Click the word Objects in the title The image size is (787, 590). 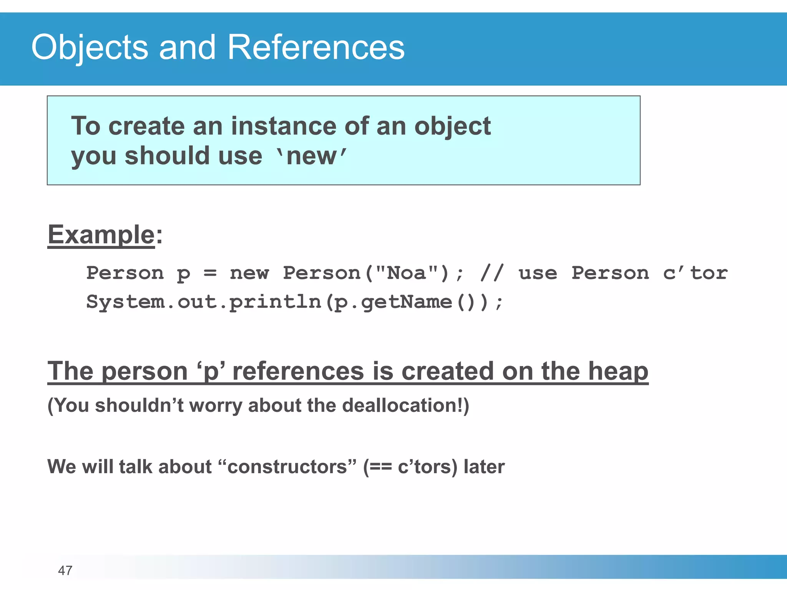(x=90, y=47)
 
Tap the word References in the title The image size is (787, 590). (x=316, y=47)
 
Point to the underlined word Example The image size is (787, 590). (x=101, y=235)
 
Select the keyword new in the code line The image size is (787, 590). (x=249, y=273)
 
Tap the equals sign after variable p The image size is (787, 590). (x=210, y=273)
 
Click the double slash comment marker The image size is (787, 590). (x=491, y=273)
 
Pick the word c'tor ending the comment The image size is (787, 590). (x=695, y=273)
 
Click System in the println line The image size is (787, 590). (x=125, y=302)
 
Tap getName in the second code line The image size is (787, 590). (x=407, y=302)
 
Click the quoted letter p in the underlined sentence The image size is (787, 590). (x=211, y=372)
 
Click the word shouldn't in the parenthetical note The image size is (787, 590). (x=139, y=406)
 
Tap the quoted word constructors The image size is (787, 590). (x=287, y=467)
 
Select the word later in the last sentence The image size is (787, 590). (x=484, y=467)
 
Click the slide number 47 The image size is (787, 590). (x=65, y=570)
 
